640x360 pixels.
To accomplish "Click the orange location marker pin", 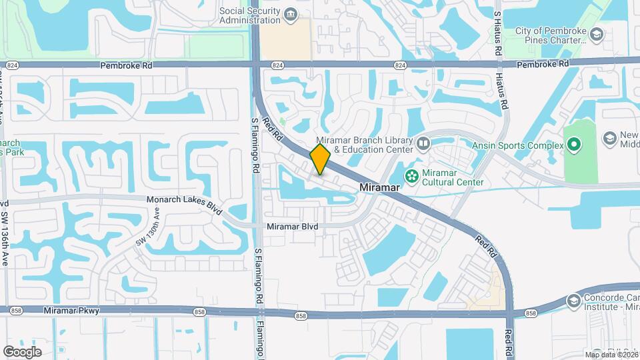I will tap(320, 159).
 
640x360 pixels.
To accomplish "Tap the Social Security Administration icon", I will tap(290, 15).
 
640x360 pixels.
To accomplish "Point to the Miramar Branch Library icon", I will tap(423, 143).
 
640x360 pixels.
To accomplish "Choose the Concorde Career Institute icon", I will tap(574, 301).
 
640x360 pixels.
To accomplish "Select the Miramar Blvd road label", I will tap(292, 227).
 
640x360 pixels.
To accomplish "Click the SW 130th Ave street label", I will tap(148, 227).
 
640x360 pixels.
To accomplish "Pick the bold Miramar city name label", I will tap(379, 188).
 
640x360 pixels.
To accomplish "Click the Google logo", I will tap(22, 351).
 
